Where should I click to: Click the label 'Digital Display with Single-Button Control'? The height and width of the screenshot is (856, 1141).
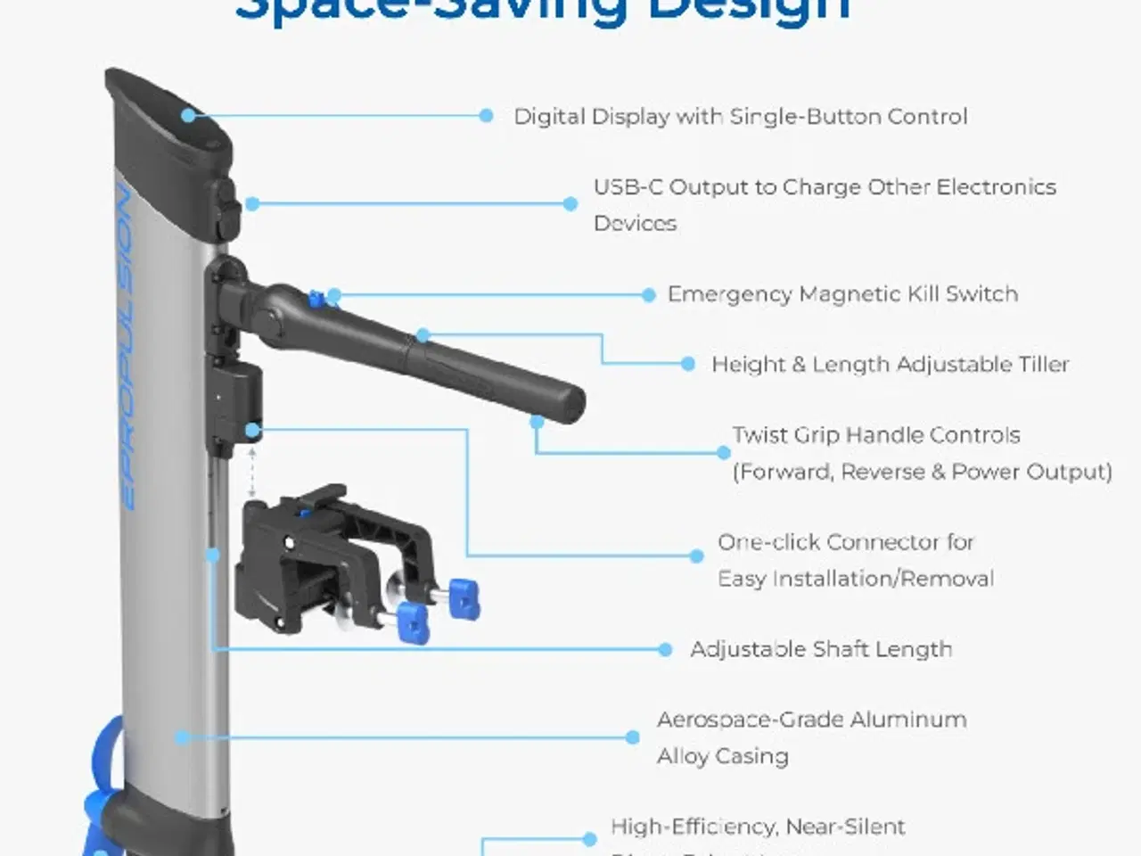click(x=740, y=117)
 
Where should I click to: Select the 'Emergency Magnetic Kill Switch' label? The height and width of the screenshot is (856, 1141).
click(x=842, y=294)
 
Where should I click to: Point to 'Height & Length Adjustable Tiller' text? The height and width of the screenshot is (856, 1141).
click(x=890, y=365)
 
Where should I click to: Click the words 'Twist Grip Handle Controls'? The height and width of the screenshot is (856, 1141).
click(x=875, y=435)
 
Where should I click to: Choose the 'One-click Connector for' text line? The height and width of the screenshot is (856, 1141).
click(x=845, y=542)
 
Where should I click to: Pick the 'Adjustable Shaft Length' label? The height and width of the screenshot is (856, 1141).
click(x=821, y=649)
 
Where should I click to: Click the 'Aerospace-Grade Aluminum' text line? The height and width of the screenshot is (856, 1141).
click(x=811, y=720)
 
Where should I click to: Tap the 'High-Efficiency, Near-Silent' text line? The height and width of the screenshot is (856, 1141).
click(x=758, y=827)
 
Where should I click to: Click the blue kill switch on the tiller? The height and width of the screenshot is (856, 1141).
click(x=315, y=299)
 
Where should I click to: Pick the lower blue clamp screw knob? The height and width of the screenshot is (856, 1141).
click(x=412, y=621)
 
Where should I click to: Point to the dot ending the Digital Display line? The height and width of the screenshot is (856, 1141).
click(x=486, y=115)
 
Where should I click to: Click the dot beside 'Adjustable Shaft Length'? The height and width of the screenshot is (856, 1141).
click(x=665, y=649)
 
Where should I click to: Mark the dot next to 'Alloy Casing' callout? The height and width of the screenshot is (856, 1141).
click(x=632, y=737)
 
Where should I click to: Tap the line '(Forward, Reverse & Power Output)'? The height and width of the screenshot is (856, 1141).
click(x=922, y=472)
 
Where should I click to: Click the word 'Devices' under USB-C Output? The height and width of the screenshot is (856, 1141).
click(x=635, y=223)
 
